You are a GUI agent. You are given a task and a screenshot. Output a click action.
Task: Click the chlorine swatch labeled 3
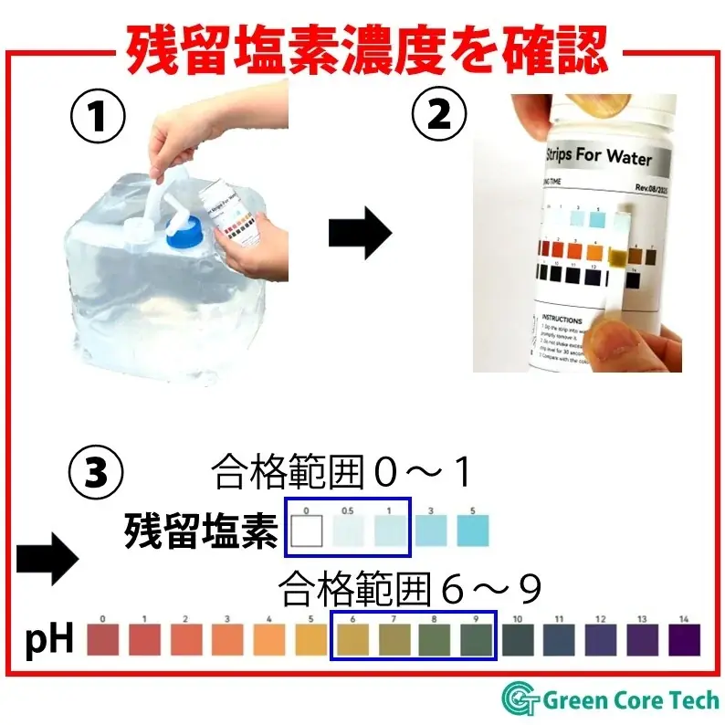tap(432, 531)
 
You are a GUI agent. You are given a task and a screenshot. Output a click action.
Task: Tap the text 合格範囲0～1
tap(342, 473)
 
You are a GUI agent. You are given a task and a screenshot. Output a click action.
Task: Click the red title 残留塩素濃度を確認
tap(365, 46)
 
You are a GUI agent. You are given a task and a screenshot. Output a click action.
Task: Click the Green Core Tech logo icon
tap(520, 699)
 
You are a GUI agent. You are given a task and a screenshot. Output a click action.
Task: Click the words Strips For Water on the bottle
tap(598, 157)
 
